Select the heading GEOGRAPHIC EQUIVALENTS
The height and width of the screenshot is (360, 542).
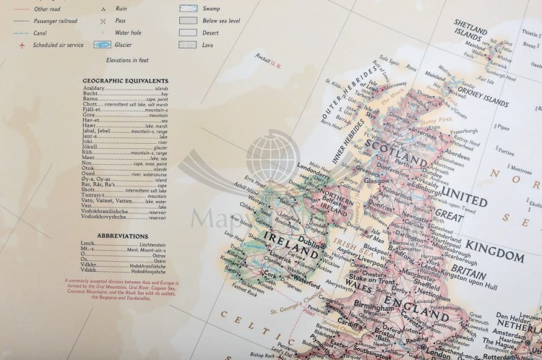click(126, 80)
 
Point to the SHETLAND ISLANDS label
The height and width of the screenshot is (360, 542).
click(472, 28)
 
